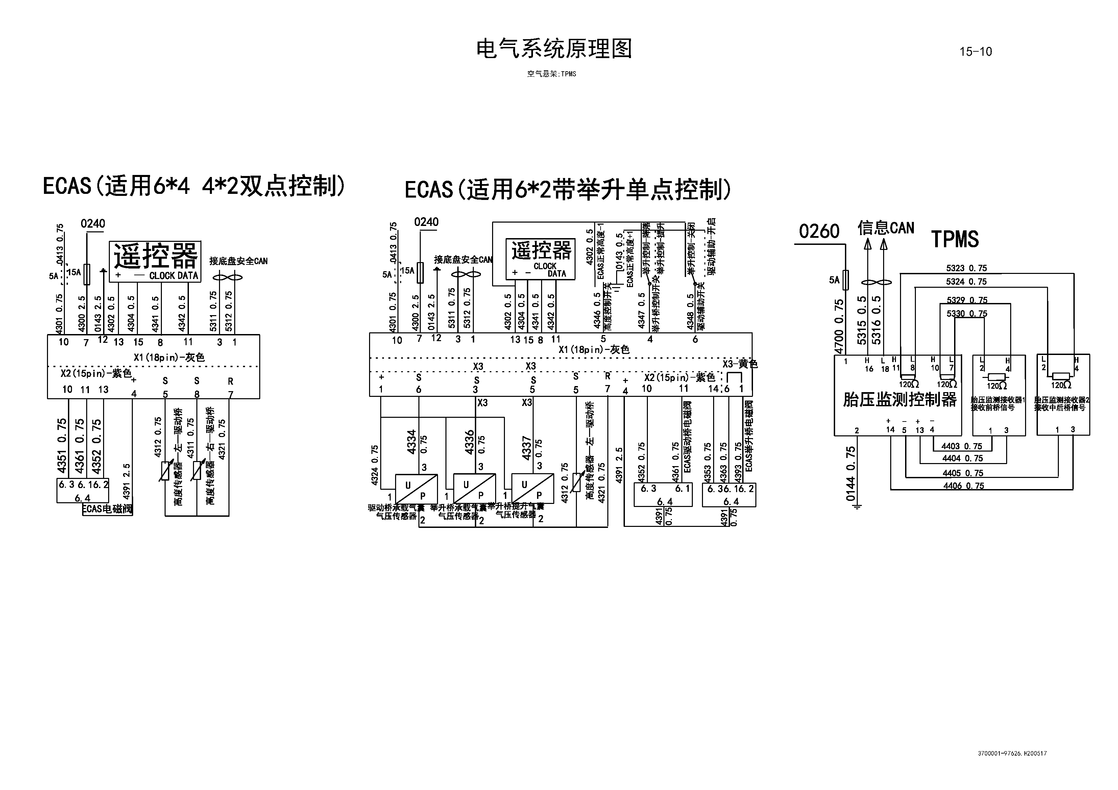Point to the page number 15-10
[975, 52]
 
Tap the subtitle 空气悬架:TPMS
[551, 74]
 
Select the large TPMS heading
[954, 239]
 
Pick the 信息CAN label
[886, 228]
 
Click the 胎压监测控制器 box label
[899, 400]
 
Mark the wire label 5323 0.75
[966, 268]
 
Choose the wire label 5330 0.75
[967, 314]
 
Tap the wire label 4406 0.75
[963, 486]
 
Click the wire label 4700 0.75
[838, 326]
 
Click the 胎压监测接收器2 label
[1062, 400]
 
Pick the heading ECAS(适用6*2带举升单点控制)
[568, 190]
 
